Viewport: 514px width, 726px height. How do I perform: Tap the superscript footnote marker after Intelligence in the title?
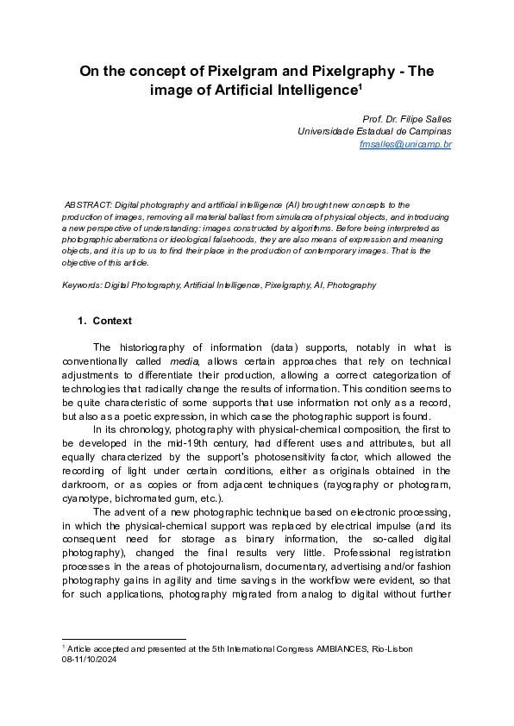(x=359, y=85)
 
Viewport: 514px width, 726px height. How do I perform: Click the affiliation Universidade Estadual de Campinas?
(x=373, y=131)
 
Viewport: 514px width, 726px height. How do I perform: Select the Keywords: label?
(x=82, y=285)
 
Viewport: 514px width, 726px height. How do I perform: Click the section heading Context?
(x=112, y=321)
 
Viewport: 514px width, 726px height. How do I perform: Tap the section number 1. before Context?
(x=82, y=321)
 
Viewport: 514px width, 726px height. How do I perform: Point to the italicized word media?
(x=183, y=363)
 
